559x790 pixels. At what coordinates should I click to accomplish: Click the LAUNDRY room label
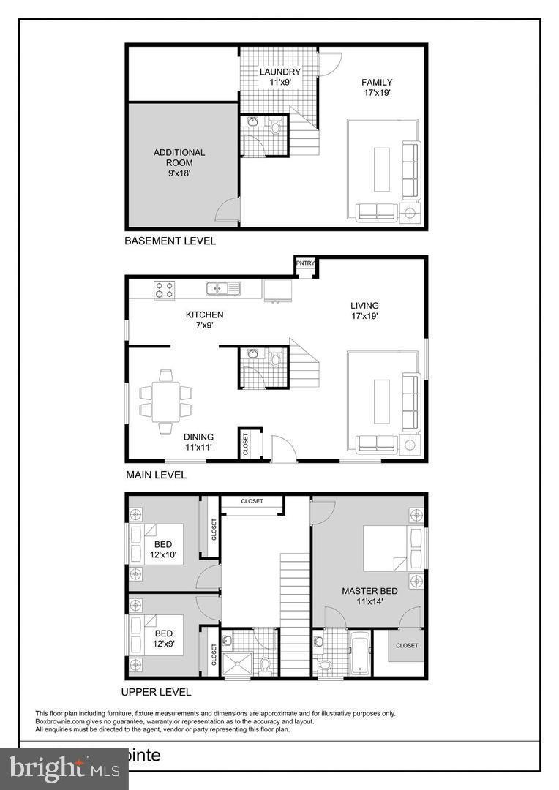tap(279, 78)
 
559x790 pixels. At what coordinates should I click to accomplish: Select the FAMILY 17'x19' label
tap(378, 88)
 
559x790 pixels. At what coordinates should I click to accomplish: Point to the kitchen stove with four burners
tap(165, 289)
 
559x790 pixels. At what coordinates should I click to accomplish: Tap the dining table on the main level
tap(166, 402)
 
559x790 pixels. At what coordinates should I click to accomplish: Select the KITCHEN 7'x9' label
tap(204, 320)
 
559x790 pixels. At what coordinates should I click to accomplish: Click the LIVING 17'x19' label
tap(364, 311)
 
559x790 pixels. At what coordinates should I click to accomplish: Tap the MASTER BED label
tap(369, 595)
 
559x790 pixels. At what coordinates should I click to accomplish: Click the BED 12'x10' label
tap(163, 550)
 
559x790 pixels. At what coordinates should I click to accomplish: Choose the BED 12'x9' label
tap(163, 639)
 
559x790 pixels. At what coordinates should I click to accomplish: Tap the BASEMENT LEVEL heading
tap(170, 241)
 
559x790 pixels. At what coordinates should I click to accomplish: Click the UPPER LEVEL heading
tap(156, 692)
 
